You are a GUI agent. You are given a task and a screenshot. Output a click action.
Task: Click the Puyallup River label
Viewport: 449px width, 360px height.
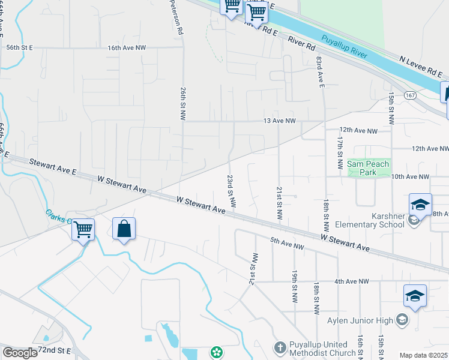[x=343, y=46]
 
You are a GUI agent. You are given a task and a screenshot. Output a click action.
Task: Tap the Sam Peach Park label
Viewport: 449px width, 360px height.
[x=369, y=168]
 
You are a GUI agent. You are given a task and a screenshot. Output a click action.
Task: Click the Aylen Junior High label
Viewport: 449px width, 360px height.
[x=359, y=320]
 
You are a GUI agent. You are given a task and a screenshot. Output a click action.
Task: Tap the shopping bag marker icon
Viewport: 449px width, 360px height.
[x=124, y=229]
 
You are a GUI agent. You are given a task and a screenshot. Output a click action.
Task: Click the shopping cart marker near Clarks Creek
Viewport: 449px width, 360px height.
[x=83, y=229]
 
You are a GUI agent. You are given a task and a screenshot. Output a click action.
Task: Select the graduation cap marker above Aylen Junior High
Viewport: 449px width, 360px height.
[x=415, y=296]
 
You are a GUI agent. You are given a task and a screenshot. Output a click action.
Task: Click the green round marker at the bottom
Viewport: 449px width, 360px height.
[x=216, y=352]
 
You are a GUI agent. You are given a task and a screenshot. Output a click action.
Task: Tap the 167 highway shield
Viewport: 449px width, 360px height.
[x=410, y=95]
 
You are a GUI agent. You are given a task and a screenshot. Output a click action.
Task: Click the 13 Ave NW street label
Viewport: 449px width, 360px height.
[x=280, y=121]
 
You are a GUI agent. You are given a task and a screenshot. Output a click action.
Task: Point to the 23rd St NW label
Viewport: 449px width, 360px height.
[x=230, y=187]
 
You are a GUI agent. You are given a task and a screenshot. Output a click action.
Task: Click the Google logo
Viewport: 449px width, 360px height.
[x=20, y=353]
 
